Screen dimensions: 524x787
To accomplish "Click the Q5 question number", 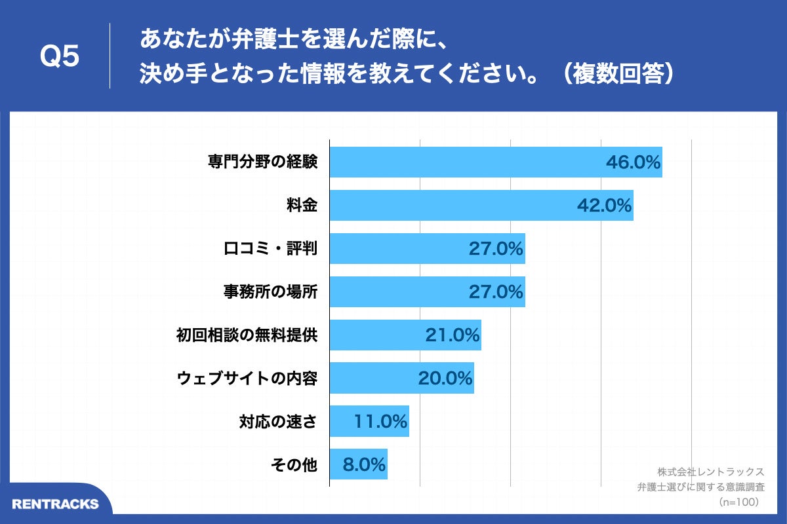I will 60,57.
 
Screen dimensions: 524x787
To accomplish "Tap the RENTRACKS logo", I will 55,504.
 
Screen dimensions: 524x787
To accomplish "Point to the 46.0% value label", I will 632,163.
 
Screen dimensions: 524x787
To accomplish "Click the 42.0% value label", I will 603,206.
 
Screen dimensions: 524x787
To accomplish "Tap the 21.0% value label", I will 453,335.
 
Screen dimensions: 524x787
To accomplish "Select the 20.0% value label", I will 445,379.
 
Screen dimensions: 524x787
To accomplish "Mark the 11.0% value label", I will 380,422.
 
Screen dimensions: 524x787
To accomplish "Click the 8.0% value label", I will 363,465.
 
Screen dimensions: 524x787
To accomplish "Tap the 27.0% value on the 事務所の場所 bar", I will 495,292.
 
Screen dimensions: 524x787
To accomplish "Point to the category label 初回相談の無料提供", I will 247,335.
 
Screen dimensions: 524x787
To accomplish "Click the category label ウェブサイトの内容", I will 247,379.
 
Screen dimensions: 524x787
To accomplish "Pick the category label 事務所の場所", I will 270,292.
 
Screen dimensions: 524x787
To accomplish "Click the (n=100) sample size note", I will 738,502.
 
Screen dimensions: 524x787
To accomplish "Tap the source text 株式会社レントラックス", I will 710,472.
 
